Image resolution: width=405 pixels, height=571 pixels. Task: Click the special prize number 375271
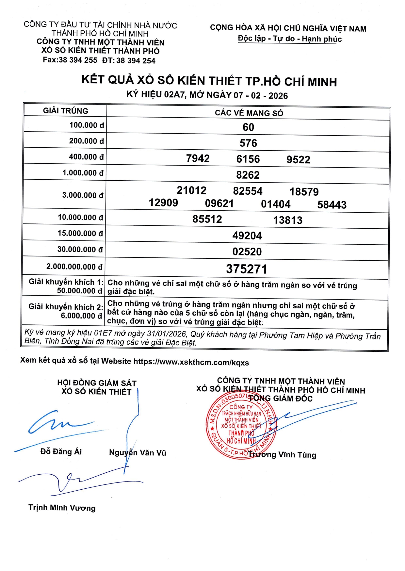tap(247, 269)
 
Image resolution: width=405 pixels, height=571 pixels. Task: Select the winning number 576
tap(248, 143)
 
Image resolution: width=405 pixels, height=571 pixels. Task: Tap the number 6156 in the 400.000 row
tap(248, 159)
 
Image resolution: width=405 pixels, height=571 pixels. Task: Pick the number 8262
tap(248, 175)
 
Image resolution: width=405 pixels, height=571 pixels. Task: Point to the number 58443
tap(332, 205)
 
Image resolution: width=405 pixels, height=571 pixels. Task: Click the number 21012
tap(191, 190)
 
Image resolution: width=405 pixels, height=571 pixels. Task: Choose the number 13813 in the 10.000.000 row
tap(288, 220)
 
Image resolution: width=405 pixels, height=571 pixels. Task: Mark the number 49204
tap(247, 236)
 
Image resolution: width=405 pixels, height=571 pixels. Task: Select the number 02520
tap(247, 252)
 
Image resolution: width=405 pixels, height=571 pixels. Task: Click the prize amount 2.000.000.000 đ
tap(75, 267)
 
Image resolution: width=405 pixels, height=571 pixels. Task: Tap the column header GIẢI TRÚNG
tap(66, 111)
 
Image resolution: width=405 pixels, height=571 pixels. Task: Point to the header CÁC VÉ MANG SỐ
tap(249, 113)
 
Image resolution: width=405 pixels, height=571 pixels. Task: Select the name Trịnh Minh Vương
tap(62, 508)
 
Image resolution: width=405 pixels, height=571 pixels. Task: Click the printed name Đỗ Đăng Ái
tap(61, 452)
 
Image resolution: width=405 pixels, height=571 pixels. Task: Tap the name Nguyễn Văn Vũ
tap(138, 453)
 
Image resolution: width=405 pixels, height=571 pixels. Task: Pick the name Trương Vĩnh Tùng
tap(282, 455)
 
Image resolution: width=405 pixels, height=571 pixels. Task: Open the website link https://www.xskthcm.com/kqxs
tap(191, 362)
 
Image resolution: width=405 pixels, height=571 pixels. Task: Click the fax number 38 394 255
tap(78, 60)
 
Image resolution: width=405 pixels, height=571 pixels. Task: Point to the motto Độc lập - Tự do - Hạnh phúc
tap(290, 39)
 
